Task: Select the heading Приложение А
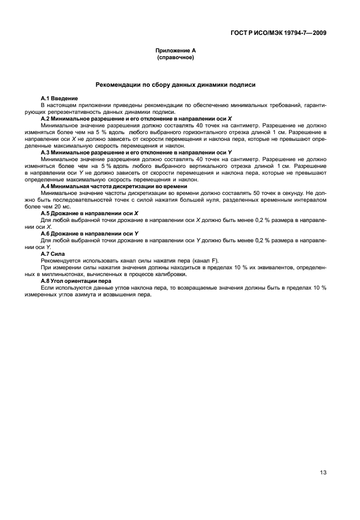coord(175,51)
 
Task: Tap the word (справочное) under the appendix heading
coord(175,57)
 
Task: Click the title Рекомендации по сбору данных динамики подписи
coord(175,85)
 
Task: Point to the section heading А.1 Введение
coord(59,99)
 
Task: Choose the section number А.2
coord(47,119)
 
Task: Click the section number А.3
coord(47,153)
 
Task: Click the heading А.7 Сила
coord(53,254)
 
